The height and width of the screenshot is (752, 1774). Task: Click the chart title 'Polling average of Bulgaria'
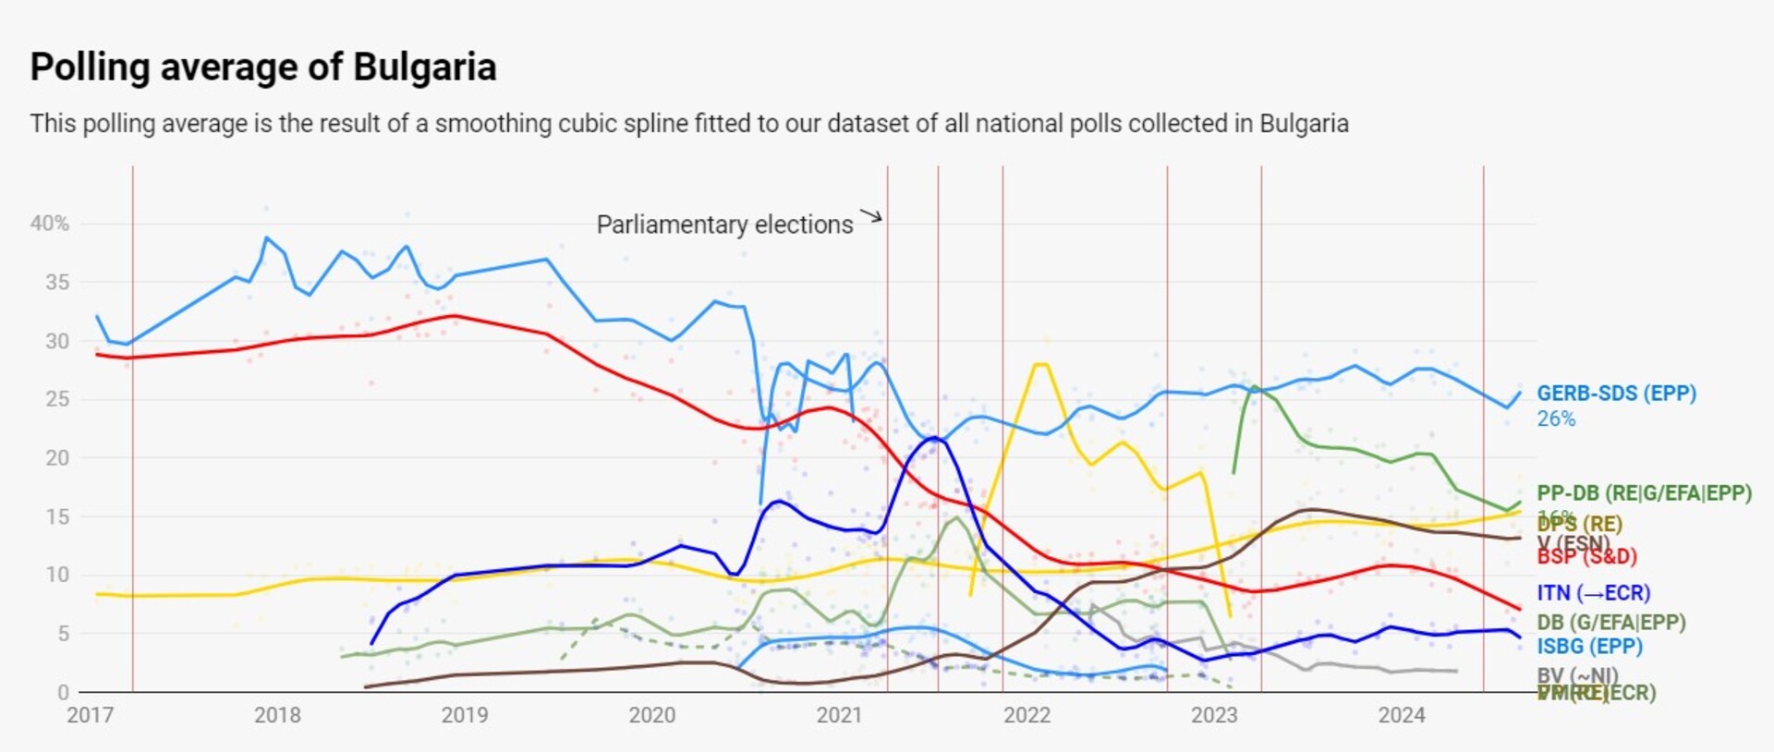[x=263, y=67]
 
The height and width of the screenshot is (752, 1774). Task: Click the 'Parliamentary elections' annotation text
[x=724, y=224]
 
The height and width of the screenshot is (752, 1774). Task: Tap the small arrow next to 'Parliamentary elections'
[x=871, y=217]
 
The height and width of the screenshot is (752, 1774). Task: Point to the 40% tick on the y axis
[x=50, y=224]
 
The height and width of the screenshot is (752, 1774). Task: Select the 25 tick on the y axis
[x=57, y=399]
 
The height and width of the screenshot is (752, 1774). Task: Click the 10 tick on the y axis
[x=57, y=575]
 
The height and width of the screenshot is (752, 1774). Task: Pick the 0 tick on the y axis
[x=63, y=692]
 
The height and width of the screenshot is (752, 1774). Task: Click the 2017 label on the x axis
[x=90, y=715]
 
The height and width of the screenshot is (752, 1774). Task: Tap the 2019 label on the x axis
[x=465, y=715]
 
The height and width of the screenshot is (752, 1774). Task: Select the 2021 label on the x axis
[x=839, y=715]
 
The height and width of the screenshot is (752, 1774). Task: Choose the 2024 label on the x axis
[x=1402, y=715]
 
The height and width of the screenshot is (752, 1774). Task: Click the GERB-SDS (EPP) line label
[x=1616, y=394]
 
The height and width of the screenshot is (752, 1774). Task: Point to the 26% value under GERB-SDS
[x=1556, y=419]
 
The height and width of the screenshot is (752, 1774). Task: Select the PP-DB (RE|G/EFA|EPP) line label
[x=1644, y=493]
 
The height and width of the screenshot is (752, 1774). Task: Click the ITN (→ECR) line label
[x=1593, y=593]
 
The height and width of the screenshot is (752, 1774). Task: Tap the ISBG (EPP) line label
[x=1589, y=647]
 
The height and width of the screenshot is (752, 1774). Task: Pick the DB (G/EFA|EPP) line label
[x=1610, y=623]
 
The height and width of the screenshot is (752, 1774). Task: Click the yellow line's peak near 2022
[x=1041, y=365]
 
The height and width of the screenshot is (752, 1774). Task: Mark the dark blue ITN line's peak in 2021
[x=935, y=438]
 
